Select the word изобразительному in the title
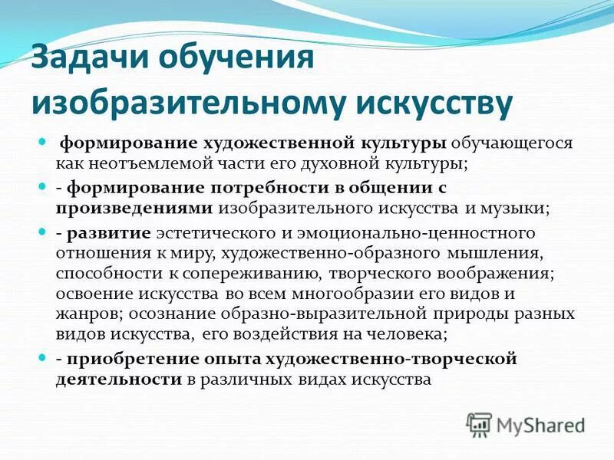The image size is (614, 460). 183,104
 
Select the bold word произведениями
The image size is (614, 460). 134,207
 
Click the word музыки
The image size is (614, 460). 523,207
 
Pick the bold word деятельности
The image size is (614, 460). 119,379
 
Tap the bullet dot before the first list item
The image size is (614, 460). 44,143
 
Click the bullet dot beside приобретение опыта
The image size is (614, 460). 44,358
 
